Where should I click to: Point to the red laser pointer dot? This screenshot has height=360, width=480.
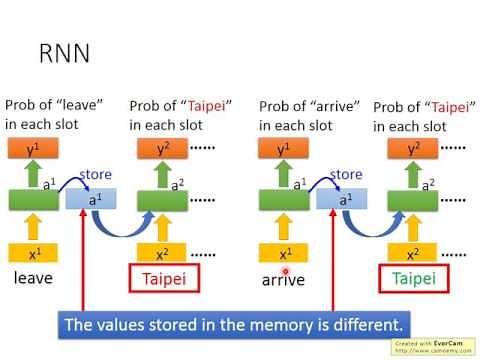pos(286,270)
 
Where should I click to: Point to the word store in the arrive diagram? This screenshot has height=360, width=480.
pos(346,174)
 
